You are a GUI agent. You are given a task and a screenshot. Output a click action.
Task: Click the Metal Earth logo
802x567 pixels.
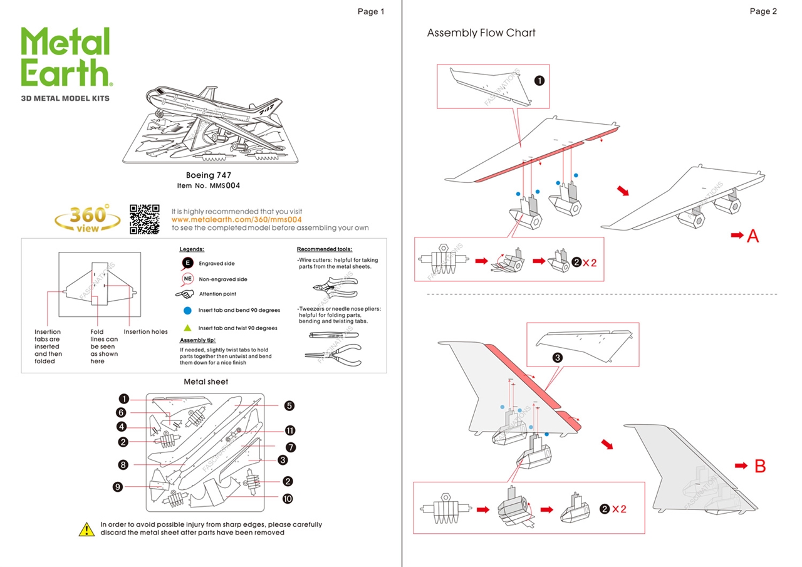(x=66, y=58)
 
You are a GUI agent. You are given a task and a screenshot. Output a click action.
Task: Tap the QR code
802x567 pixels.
(x=144, y=219)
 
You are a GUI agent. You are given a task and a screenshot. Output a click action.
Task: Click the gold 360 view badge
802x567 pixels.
(x=88, y=219)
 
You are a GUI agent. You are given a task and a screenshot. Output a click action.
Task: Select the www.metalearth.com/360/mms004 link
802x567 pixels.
(x=236, y=220)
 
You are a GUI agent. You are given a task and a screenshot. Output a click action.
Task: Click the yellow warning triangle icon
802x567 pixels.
(x=86, y=529)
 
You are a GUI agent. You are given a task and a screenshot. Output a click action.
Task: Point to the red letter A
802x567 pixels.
(x=753, y=236)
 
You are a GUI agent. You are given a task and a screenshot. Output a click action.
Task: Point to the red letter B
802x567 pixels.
(x=759, y=466)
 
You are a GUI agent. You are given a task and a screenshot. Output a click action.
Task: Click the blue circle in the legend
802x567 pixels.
(x=187, y=310)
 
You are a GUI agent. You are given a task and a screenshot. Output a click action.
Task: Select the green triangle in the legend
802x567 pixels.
(x=187, y=328)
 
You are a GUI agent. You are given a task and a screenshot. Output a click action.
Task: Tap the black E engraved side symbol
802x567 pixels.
(x=187, y=263)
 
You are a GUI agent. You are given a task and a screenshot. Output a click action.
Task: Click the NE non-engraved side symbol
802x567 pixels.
(x=187, y=279)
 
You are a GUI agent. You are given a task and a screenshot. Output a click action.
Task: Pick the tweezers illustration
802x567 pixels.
(x=332, y=335)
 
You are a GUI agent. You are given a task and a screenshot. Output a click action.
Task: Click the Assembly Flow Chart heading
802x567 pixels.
(x=481, y=33)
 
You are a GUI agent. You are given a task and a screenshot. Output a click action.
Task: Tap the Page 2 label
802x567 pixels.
(x=763, y=11)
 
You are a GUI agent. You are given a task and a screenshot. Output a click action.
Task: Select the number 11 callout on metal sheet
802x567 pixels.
(x=290, y=430)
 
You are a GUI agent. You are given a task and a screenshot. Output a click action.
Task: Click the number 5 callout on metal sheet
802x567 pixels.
(x=289, y=405)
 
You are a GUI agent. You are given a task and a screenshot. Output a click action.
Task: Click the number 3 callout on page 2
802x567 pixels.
(x=557, y=357)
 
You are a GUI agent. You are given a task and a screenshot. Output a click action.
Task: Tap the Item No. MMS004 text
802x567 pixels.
(x=209, y=186)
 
